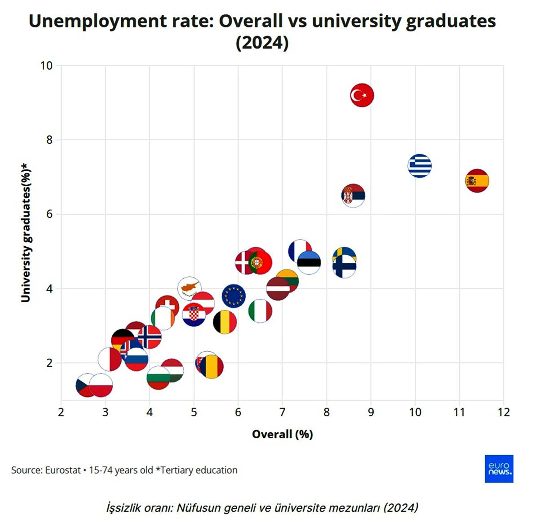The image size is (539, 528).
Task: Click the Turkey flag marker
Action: [x=362, y=95]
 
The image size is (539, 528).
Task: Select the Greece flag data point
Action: [x=420, y=166]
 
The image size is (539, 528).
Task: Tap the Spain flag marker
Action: [x=477, y=181]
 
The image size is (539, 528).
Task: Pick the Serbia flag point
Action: [x=353, y=195]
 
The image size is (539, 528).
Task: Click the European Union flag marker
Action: [x=234, y=296]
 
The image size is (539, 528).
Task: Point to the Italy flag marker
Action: [x=260, y=311]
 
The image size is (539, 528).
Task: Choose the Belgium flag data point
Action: [x=225, y=322]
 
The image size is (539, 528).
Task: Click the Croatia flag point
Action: [x=194, y=315]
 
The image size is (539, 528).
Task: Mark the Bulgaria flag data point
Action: [x=158, y=378]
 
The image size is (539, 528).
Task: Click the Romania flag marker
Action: [x=212, y=367]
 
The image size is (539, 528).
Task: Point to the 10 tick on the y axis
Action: [x=46, y=66]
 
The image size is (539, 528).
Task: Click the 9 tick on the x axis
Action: [x=371, y=412]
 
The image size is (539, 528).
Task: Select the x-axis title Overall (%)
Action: [x=282, y=434]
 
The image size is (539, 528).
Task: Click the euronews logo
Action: [x=499, y=469]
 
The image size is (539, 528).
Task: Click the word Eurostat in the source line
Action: [x=63, y=470]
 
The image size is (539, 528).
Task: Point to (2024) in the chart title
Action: [x=262, y=43]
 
